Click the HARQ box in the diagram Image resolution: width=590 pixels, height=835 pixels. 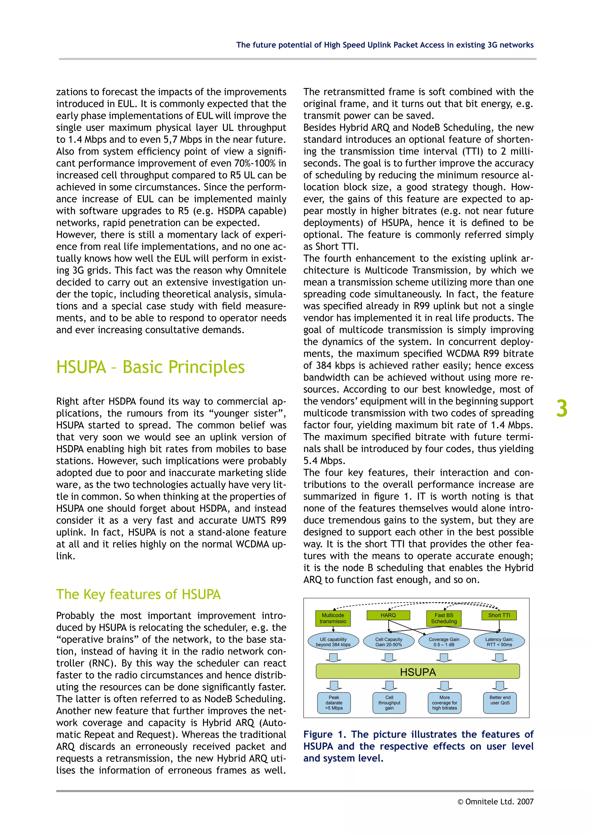click(388, 615)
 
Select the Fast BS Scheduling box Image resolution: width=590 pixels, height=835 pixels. click(444, 618)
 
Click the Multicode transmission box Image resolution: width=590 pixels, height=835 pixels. click(333, 618)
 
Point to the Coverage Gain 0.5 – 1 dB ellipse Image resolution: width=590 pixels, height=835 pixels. click(444, 642)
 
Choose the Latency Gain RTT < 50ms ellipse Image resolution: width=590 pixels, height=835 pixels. click(499, 642)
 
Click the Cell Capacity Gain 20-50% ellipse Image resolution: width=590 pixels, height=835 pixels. click(388, 642)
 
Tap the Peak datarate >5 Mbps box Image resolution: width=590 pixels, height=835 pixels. click(334, 703)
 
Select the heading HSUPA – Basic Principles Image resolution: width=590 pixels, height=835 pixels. click(150, 367)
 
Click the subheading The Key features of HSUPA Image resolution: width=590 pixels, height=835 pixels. click(138, 594)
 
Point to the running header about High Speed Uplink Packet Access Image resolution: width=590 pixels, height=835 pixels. click(384, 45)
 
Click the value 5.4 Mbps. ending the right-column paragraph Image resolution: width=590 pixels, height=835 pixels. click(324, 461)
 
